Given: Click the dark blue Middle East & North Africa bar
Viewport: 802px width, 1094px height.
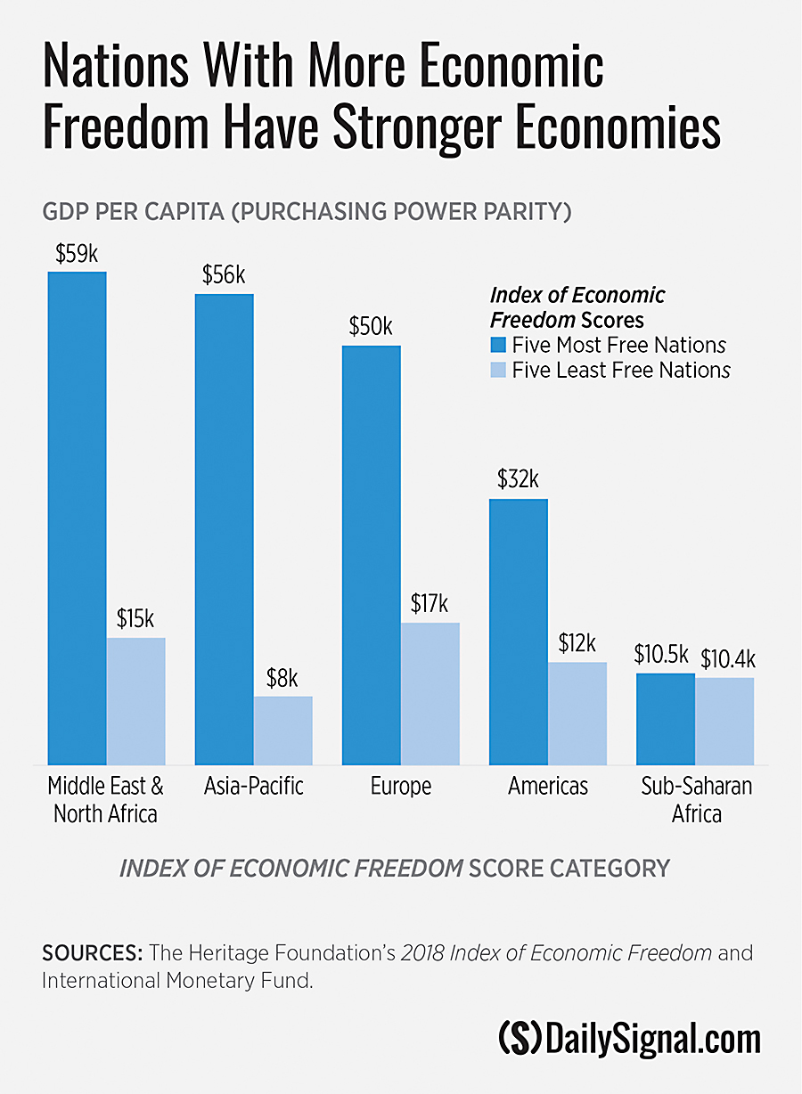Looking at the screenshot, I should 77,517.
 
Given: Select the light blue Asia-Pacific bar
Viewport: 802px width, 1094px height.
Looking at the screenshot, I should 282,730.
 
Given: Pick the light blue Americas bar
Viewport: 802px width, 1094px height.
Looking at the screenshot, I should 577,713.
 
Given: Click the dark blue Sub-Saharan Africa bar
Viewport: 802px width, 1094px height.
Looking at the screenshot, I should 665,718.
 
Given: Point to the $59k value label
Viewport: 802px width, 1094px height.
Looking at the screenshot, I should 77,254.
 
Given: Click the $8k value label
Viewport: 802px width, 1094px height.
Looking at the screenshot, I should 282,679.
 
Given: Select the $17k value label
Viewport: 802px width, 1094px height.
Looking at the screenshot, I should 430,603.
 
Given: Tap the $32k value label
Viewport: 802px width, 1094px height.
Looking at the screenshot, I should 518,480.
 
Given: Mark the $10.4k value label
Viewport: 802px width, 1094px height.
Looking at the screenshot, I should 727,659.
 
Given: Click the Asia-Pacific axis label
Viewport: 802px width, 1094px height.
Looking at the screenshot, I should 254,787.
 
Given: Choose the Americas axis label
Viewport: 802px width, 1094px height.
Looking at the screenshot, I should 548,787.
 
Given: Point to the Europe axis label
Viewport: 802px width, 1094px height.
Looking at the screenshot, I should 400,787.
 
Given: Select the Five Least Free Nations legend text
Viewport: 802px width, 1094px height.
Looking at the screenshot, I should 621,370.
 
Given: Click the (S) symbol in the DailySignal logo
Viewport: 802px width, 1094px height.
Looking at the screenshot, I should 520,1039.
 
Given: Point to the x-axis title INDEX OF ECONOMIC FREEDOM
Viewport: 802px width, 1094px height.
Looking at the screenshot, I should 291,869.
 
